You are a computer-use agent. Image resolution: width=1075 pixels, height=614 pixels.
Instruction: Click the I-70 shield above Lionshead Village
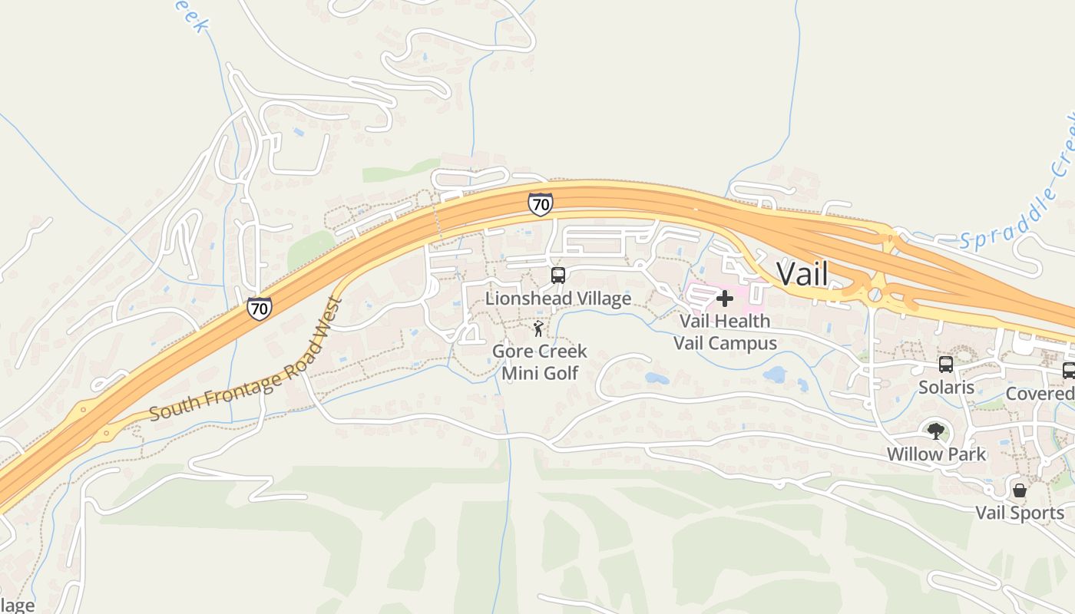(541, 204)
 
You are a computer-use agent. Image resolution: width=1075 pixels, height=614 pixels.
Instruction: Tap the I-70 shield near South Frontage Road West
(260, 309)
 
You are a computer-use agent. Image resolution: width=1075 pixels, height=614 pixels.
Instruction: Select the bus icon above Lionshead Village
(558, 276)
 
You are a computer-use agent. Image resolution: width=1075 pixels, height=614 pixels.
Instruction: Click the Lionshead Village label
(558, 299)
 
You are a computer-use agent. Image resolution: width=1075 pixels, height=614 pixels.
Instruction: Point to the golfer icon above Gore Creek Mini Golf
(538, 329)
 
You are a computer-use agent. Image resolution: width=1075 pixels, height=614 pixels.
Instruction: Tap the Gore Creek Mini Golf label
(540, 362)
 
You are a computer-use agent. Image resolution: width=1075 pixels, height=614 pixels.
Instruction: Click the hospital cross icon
(724, 298)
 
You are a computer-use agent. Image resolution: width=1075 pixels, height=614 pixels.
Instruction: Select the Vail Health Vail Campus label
(725, 332)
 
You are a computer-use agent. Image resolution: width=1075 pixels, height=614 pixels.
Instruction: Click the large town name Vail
(802, 273)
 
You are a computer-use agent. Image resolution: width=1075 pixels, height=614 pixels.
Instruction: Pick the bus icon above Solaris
(946, 365)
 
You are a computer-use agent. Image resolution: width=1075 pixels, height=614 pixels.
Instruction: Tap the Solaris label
(947, 388)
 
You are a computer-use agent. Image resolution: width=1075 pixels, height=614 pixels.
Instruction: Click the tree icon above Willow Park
(935, 431)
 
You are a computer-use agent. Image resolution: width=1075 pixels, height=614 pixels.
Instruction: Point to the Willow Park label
(936, 454)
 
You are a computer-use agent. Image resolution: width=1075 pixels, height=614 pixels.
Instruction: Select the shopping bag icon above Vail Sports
(1020, 490)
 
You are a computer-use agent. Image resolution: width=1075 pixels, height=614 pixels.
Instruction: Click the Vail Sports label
(1020, 513)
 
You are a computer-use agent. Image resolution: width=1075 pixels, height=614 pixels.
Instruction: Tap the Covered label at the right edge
(1040, 394)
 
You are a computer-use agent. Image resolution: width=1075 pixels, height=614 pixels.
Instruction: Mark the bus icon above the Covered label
(1068, 371)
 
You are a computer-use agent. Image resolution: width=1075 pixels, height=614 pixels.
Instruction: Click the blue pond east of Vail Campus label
(774, 375)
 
